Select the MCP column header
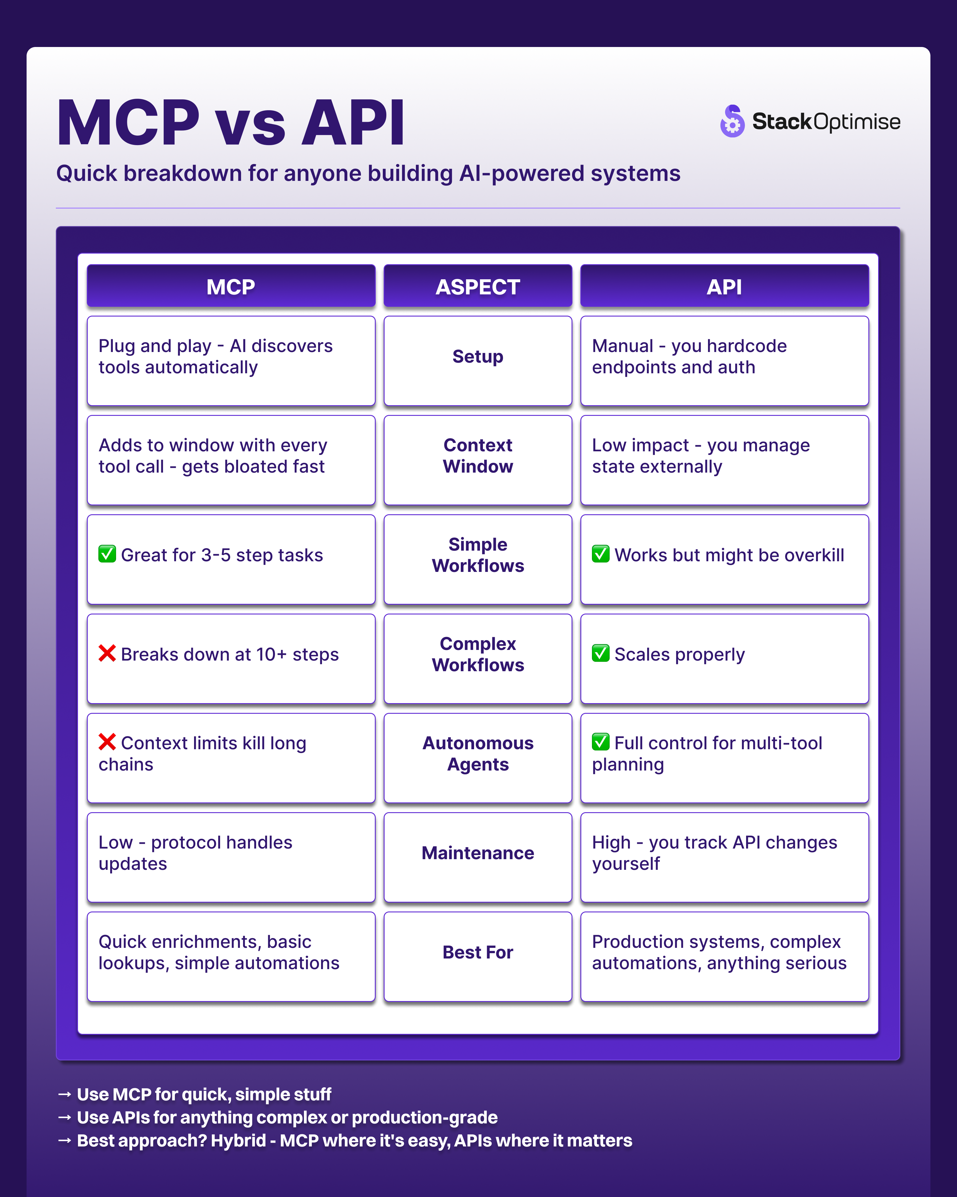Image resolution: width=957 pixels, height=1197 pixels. (231, 286)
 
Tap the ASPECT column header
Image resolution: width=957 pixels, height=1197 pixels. (478, 286)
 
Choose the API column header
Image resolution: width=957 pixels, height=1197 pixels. (724, 286)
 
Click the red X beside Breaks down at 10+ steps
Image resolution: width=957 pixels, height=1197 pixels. (107, 653)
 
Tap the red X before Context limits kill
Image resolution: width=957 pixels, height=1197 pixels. (107, 742)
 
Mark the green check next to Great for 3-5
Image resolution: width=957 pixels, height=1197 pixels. (107, 554)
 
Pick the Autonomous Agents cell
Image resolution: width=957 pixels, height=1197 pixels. (478, 753)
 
